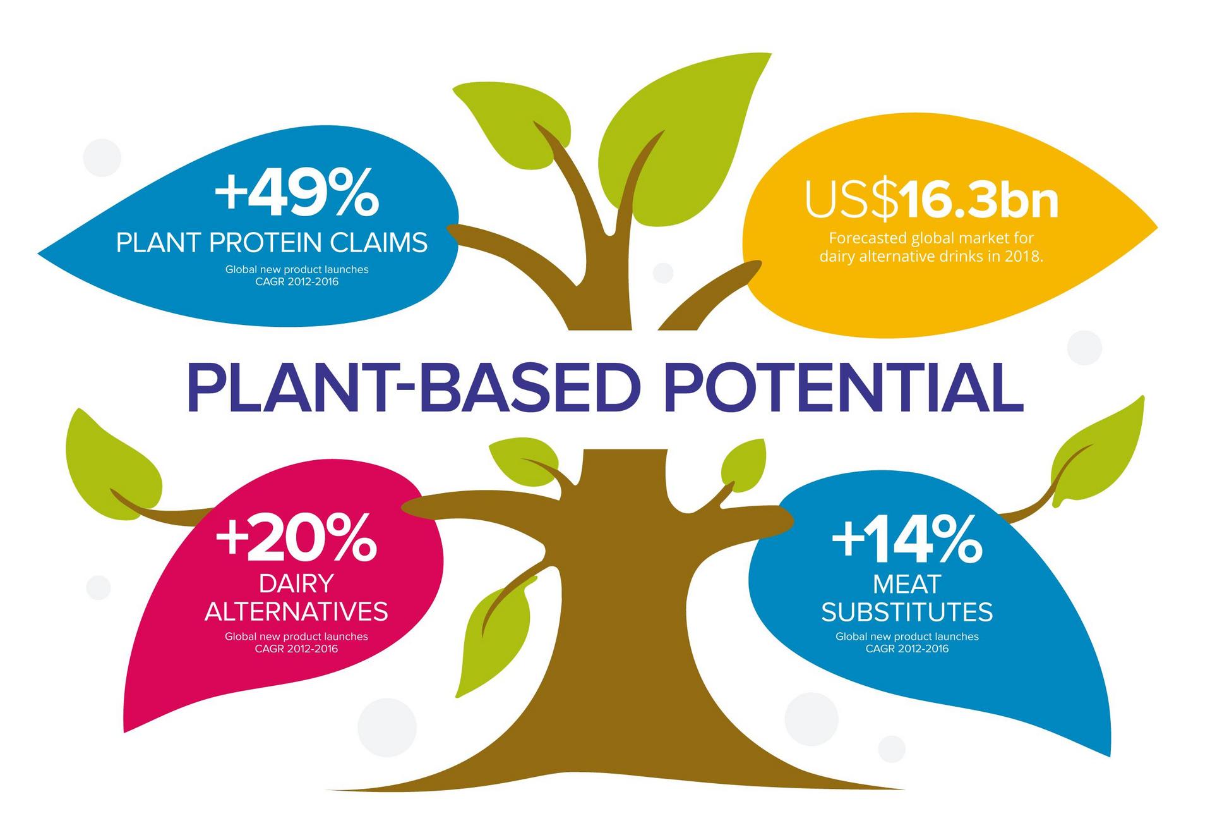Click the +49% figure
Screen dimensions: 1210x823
[297, 192]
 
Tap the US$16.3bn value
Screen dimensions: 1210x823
[931, 200]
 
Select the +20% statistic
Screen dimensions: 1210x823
[296, 538]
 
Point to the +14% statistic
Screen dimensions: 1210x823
[907, 539]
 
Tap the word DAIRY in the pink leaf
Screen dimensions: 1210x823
[296, 583]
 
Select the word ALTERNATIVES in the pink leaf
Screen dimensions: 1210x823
[296, 611]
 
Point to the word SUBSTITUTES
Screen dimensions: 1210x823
[907, 612]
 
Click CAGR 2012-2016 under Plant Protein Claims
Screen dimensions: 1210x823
[297, 281]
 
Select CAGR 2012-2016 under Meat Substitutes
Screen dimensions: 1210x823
[907, 649]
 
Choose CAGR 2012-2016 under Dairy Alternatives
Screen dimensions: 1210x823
[296, 649]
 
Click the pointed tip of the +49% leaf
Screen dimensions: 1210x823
[39, 253]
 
